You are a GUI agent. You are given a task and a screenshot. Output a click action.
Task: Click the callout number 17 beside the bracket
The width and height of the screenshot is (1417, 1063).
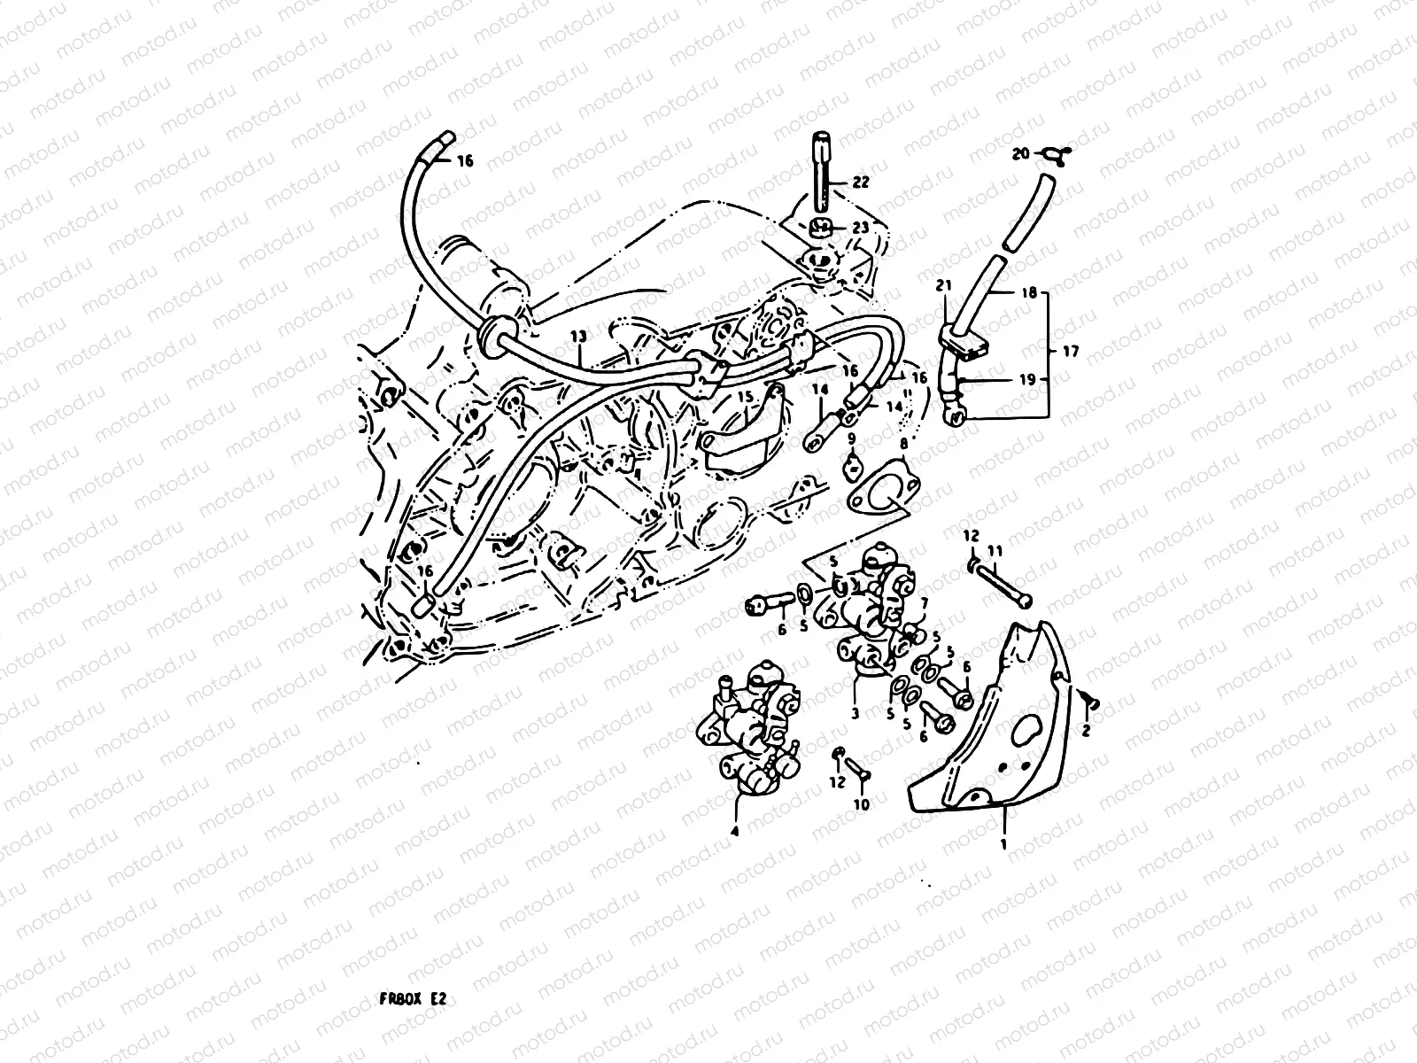(x=1071, y=352)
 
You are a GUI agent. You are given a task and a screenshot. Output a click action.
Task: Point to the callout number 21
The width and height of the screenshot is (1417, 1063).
(x=944, y=285)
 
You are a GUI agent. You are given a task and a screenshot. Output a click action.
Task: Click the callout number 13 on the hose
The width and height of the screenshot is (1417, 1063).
(x=577, y=337)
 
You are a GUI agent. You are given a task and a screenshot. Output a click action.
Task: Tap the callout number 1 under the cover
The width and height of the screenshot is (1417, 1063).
(x=1003, y=844)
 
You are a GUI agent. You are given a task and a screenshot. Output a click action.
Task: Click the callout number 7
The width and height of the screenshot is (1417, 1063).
(x=923, y=602)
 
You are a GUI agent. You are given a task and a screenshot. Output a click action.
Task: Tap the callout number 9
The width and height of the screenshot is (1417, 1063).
(x=850, y=438)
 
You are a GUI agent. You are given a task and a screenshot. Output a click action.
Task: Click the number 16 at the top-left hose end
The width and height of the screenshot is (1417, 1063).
(x=466, y=161)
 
